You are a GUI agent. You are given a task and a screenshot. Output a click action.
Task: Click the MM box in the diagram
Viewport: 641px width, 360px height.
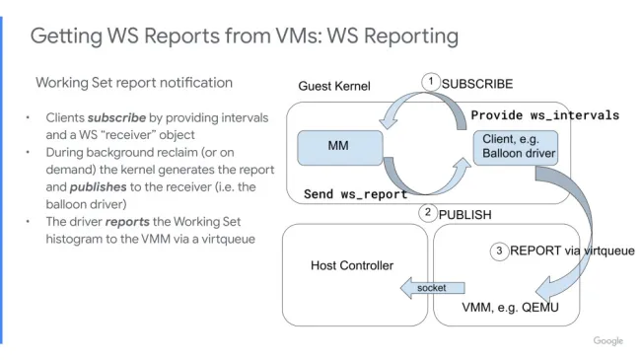pos(339,146)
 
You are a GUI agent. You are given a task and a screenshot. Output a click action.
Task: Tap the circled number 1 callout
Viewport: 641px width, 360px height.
pos(430,82)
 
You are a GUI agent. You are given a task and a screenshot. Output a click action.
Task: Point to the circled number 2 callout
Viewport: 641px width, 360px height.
pos(427,213)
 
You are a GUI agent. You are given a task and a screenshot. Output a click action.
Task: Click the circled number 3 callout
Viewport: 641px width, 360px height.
pos(499,251)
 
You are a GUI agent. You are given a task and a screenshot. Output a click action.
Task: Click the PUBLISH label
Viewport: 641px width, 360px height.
pos(464,214)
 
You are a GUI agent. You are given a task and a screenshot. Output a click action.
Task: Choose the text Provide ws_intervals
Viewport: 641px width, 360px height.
pos(544,115)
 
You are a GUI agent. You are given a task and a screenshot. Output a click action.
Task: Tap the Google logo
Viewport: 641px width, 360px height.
pos(607,340)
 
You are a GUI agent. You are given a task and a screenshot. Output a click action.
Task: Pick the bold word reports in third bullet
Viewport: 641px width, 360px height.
pos(127,221)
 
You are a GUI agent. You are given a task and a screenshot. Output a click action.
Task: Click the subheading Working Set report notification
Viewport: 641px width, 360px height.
pos(134,82)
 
